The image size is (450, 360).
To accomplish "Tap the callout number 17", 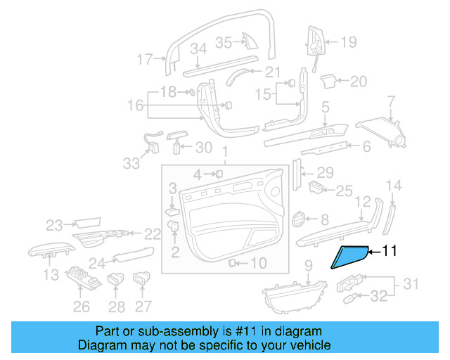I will (144, 60).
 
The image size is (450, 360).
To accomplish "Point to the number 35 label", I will (224, 43).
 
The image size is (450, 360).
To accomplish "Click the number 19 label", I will (349, 42).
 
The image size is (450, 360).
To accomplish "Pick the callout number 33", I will (131, 163).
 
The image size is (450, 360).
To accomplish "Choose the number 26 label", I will (82, 306).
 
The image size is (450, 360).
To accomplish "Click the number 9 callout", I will (307, 266).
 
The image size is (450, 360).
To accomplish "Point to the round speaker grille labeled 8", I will (299, 221).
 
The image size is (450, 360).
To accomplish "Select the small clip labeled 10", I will (231, 263).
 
